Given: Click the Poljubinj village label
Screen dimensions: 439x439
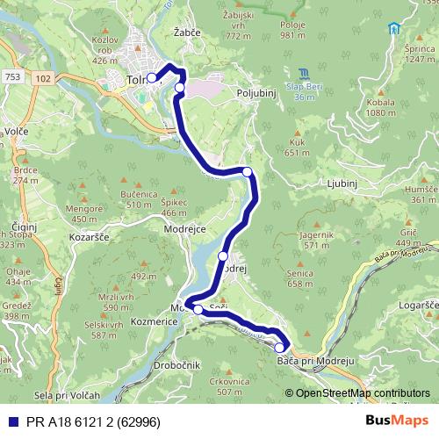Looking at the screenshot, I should [256, 90].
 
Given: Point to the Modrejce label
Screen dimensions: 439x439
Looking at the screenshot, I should [184, 228].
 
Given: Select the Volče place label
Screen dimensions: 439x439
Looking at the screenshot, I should [16, 132].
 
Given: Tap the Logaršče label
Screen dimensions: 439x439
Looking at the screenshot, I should [419, 305].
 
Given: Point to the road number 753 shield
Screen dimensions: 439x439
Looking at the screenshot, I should [11, 77].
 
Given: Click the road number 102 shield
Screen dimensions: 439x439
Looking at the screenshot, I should [44, 77].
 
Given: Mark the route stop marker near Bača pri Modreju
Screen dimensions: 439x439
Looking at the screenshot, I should [279, 348].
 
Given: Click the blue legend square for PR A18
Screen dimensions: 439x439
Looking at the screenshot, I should [11, 421].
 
